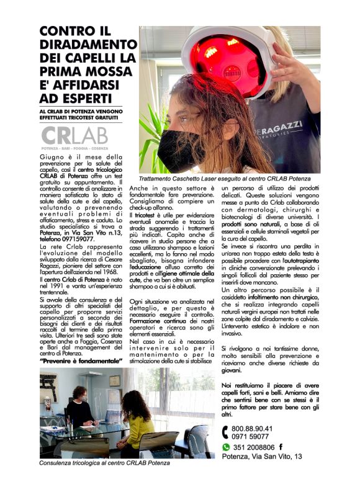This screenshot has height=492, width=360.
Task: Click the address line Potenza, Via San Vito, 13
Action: point(263,456)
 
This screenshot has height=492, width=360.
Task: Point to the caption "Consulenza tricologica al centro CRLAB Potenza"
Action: point(104,463)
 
